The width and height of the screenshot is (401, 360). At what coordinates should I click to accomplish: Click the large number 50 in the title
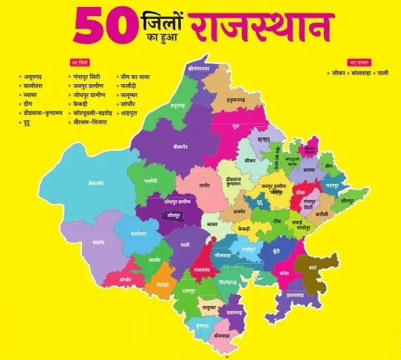[106, 27]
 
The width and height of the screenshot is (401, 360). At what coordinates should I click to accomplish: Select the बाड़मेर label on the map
[99, 241]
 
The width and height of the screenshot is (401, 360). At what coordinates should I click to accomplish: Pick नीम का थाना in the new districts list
[135, 75]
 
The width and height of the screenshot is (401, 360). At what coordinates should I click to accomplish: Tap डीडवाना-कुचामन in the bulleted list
[42, 112]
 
